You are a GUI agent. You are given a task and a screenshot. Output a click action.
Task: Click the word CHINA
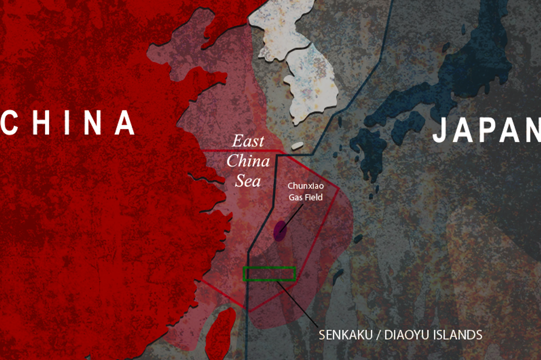68,122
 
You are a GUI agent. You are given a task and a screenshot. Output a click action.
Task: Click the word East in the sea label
248,141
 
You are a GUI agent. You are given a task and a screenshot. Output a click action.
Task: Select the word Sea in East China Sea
248,181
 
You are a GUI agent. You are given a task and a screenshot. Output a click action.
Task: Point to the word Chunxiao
306,187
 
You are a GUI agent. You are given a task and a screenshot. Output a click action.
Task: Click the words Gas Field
306,197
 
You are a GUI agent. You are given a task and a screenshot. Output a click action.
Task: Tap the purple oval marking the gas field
280,231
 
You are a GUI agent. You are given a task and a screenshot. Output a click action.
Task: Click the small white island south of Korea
297,146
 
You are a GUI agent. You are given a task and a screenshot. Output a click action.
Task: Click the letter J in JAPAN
441,131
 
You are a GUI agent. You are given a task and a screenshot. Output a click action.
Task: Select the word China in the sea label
248,161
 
